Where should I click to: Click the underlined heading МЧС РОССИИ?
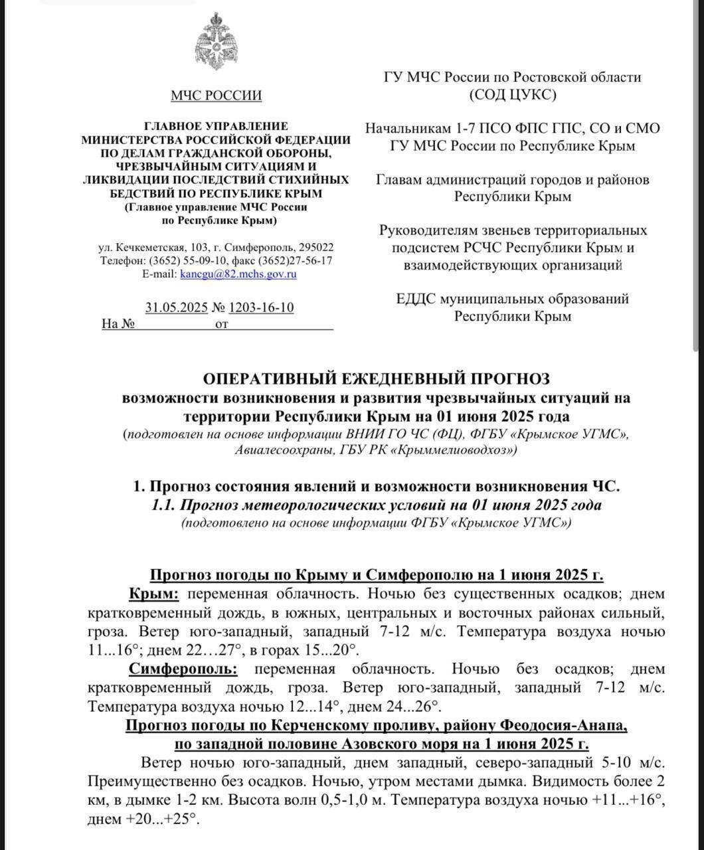point(216,96)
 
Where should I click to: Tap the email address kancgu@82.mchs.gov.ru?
point(238,274)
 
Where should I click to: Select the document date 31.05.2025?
point(176,307)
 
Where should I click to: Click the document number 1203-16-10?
point(261,307)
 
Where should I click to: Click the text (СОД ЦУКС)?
point(512,94)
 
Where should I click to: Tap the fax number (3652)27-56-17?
point(295,260)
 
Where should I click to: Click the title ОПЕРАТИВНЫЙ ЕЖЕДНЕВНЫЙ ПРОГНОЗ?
point(376,379)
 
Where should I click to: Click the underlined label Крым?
point(153,593)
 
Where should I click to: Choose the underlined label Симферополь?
point(183,668)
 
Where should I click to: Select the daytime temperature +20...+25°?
point(143,819)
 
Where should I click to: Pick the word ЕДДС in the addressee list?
point(416,299)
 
